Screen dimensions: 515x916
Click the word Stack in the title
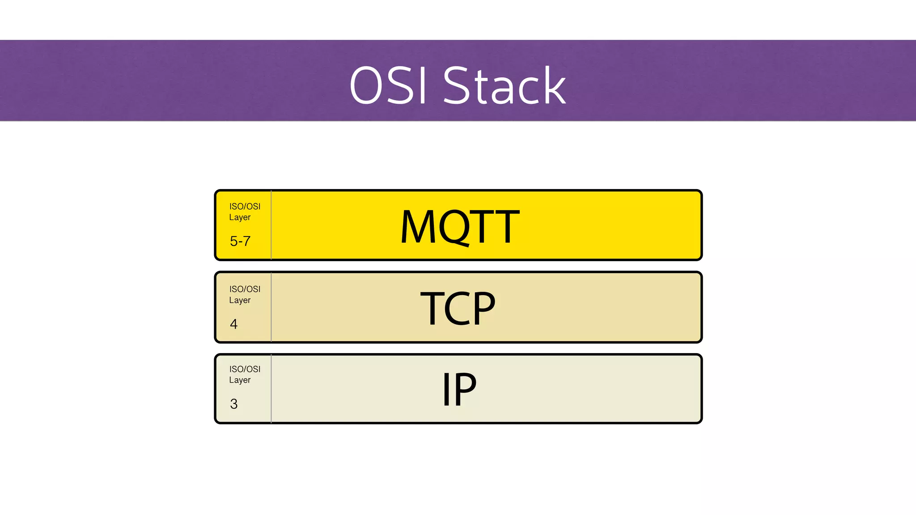tap(504, 85)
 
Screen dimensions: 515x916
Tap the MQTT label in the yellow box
tap(459, 227)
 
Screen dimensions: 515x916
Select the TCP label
tap(458, 308)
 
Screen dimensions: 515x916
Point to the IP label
tap(459, 389)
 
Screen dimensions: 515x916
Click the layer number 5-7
tap(240, 241)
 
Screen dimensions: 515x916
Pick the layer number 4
tap(234, 324)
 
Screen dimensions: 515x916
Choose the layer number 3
tap(234, 404)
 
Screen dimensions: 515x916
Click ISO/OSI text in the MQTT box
tap(245, 207)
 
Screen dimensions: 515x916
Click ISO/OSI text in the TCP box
tap(245, 289)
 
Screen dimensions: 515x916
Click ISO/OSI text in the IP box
tap(245, 369)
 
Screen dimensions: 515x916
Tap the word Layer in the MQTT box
tap(240, 218)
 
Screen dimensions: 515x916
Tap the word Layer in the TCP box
tap(240, 300)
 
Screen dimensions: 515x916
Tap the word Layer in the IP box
tap(240, 380)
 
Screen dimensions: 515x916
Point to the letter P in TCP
tap(481, 308)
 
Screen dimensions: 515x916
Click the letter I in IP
tap(446, 389)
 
